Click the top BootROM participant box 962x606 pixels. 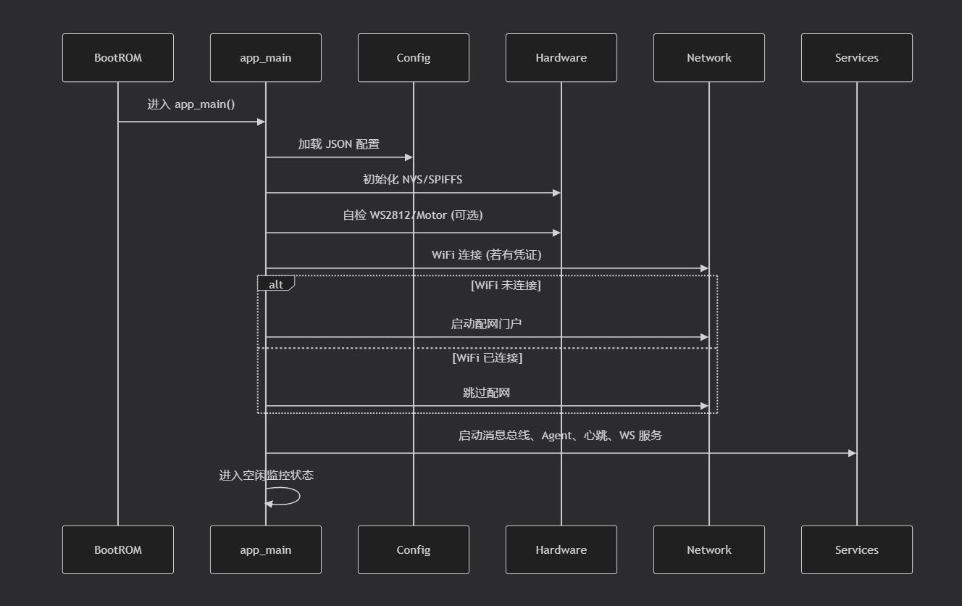click(118, 57)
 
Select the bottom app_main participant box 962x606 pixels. click(266, 549)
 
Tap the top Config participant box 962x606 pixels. click(414, 57)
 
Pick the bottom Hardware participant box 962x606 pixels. click(561, 549)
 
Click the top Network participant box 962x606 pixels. click(709, 57)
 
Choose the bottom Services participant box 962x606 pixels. click(857, 549)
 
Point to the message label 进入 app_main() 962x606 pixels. click(191, 104)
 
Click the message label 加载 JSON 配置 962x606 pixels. click(339, 144)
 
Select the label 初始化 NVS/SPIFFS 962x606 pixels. click(413, 179)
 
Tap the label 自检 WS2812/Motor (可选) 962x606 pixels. click(413, 215)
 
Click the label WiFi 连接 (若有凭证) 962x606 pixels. click(487, 255)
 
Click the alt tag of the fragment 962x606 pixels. click(276, 283)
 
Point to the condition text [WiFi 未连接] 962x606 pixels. click(506, 286)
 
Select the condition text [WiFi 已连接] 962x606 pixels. click(488, 357)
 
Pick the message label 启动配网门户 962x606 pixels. click(486, 323)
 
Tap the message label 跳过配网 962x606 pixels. click(486, 392)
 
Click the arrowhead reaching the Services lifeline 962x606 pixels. click(853, 453)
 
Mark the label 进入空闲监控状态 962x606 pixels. click(267, 475)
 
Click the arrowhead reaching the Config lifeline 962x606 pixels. click(409, 157)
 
